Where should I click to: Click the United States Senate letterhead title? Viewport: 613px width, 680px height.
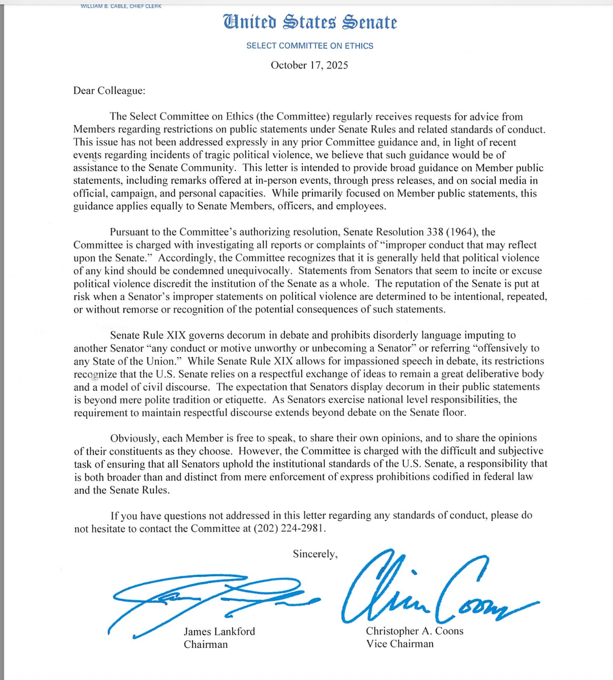[310, 22]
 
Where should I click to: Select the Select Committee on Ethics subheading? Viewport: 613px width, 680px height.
[310, 46]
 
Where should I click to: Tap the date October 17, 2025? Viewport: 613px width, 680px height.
[309, 65]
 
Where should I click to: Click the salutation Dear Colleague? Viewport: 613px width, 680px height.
[109, 91]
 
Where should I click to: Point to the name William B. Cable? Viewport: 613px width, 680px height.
[104, 6]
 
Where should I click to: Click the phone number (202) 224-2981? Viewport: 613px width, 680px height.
[289, 528]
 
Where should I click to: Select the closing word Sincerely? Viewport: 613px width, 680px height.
[315, 554]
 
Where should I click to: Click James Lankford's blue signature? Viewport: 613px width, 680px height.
[207, 599]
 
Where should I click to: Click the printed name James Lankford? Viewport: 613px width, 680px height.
[219, 632]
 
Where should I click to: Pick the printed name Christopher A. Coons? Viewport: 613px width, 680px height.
[415, 631]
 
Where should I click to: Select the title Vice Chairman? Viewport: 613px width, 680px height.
[400, 644]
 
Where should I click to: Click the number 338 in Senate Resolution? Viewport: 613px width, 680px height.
[435, 232]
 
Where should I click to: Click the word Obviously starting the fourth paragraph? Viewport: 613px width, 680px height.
[134, 439]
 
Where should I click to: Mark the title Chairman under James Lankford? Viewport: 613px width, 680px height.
[206, 644]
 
